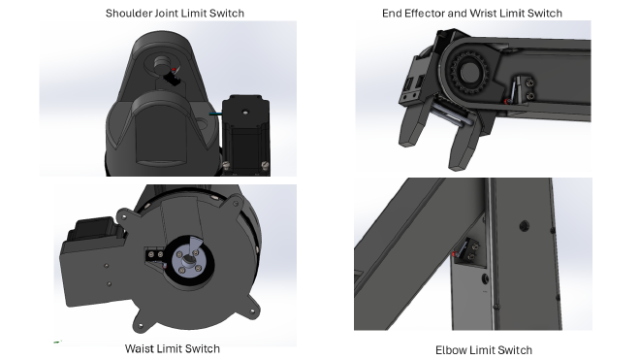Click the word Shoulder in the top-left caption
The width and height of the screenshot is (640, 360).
129,13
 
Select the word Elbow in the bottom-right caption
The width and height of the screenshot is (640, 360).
455,349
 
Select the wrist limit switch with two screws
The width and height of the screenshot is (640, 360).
523,93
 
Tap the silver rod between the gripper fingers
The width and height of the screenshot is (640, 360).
446,117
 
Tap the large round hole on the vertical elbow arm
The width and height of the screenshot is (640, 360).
524,225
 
